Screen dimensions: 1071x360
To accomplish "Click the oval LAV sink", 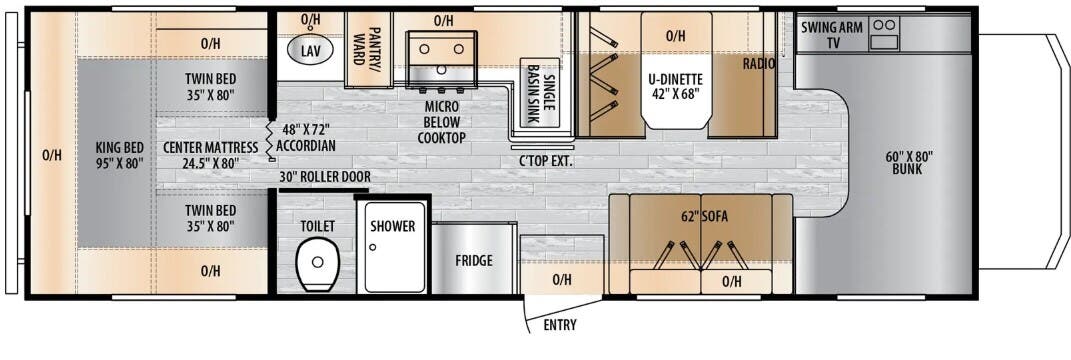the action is pyautogui.click(x=310, y=49).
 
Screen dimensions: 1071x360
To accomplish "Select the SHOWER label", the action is pyautogui.click(x=393, y=226).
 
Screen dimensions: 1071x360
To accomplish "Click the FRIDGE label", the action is pyautogui.click(x=473, y=261).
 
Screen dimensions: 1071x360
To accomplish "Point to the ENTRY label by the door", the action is pyautogui.click(x=559, y=325).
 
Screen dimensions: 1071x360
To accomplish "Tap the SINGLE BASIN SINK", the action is pyautogui.click(x=539, y=92).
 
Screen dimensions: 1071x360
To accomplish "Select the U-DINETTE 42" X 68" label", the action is pyautogui.click(x=676, y=85).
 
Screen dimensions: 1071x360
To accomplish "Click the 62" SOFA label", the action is pyautogui.click(x=704, y=218).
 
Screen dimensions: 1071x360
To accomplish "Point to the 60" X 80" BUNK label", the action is pyautogui.click(x=909, y=163).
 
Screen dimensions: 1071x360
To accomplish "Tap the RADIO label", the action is pyautogui.click(x=759, y=64).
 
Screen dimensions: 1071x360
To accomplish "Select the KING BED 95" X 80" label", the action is pyautogui.click(x=120, y=154).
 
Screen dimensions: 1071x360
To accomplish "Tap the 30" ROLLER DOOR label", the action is pyautogui.click(x=325, y=176).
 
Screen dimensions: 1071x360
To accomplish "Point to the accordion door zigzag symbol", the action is pyautogui.click(x=269, y=141).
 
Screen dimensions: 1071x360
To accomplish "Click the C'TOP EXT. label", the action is pyautogui.click(x=545, y=162).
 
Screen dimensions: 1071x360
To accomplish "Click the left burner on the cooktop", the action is pyautogui.click(x=424, y=49).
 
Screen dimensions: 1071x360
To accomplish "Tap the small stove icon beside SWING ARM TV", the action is pyautogui.click(x=885, y=33).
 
